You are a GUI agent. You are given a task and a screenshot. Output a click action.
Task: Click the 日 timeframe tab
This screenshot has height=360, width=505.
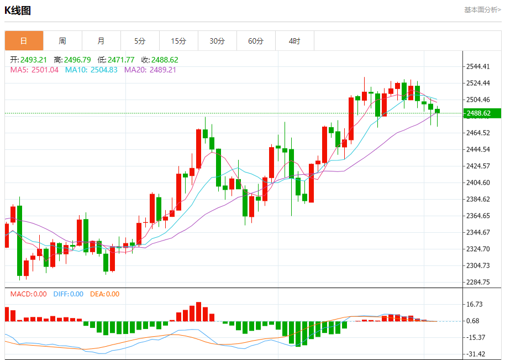click(x=24, y=41)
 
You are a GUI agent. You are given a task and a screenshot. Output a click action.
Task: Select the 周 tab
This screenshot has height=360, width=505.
click(x=62, y=41)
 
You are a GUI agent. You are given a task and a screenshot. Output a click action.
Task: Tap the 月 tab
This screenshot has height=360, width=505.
click(x=101, y=41)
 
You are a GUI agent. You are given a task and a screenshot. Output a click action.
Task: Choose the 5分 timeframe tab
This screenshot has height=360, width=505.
click(x=140, y=41)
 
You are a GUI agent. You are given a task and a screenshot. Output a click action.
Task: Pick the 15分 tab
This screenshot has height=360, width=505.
click(x=178, y=41)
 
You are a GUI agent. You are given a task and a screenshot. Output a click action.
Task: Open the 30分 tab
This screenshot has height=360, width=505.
click(x=217, y=41)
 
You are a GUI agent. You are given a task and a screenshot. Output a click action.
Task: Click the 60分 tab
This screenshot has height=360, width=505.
click(x=256, y=41)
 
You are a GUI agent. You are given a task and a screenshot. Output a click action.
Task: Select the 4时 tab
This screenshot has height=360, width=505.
click(x=294, y=41)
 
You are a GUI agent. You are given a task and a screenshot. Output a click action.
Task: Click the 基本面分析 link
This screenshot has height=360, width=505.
click(x=482, y=10)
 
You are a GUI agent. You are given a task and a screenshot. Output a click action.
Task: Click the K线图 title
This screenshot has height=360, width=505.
click(x=18, y=10)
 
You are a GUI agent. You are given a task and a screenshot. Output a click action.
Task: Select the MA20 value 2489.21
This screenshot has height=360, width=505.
click(x=163, y=70)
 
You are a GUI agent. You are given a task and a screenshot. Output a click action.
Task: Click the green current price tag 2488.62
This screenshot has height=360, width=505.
click(x=481, y=113)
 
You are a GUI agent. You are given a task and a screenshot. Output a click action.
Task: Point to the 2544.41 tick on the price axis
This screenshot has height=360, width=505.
click(x=478, y=66)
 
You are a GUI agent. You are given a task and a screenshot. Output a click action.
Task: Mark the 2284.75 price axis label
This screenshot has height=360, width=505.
click(x=478, y=282)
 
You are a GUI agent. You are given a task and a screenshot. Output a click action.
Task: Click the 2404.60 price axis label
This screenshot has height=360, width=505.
click(x=478, y=182)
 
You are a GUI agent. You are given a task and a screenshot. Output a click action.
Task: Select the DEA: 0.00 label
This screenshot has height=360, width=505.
click(x=104, y=294)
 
